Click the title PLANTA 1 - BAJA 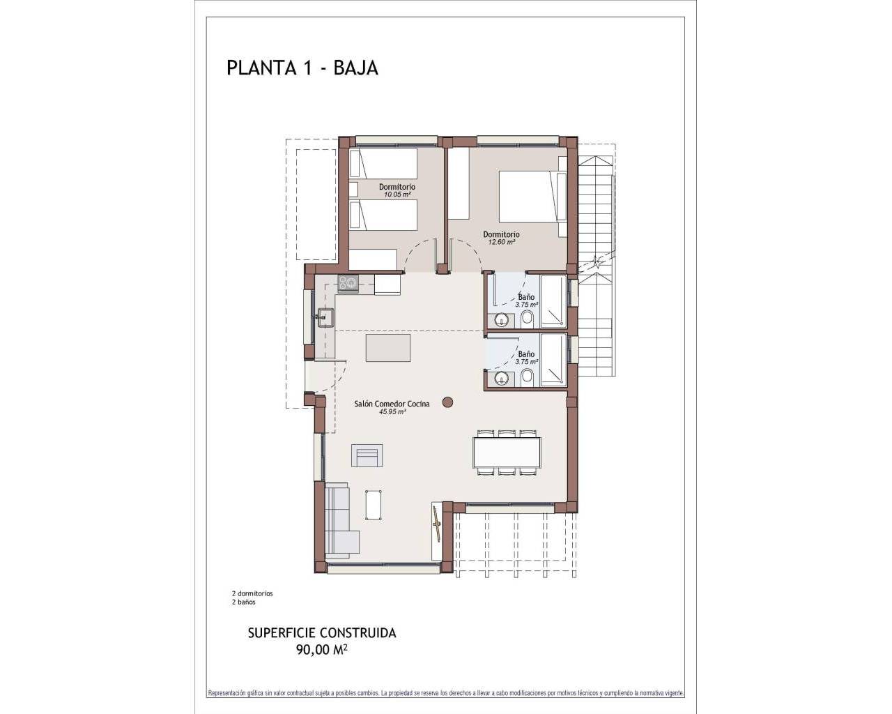302,68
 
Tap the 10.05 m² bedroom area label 397,195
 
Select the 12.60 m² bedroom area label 501,243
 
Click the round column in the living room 448,402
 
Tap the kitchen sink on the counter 324,317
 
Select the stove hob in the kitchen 348,282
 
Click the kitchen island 388,347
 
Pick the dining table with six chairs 507,452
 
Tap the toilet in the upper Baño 527,320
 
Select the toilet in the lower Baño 527,378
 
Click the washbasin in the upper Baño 500,320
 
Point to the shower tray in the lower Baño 555,360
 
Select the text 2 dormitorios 252,593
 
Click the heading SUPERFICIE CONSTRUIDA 322,633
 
